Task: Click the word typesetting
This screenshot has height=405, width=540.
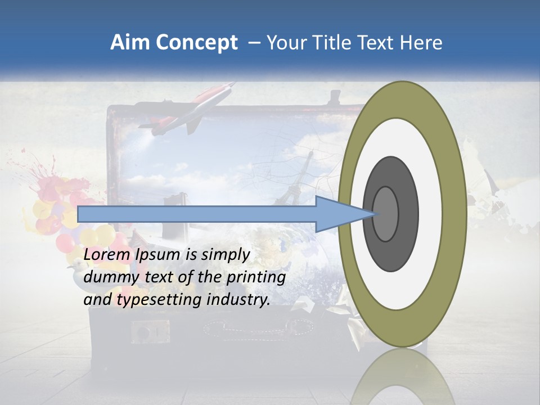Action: click(x=159, y=300)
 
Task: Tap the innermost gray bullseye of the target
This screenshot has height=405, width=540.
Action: click(x=386, y=214)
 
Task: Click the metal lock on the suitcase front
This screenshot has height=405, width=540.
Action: click(x=151, y=331)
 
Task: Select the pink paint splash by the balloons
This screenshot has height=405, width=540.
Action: click(x=53, y=186)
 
